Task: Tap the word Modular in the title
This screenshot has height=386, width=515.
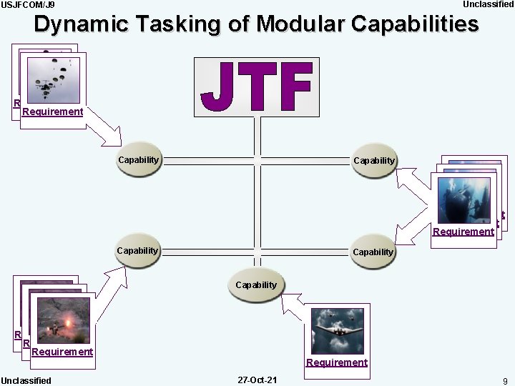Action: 303,24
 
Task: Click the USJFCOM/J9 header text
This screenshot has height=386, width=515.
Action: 28,5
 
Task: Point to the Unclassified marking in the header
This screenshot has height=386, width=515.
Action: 488,4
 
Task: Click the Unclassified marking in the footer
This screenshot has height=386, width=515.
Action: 26,380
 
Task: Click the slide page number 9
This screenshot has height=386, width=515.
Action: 505,380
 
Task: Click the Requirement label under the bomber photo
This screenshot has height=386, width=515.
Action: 336,362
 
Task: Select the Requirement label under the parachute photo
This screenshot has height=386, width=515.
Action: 52,112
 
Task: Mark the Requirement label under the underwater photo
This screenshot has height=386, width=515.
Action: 463,232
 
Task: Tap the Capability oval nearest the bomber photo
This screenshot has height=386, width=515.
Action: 255,285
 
